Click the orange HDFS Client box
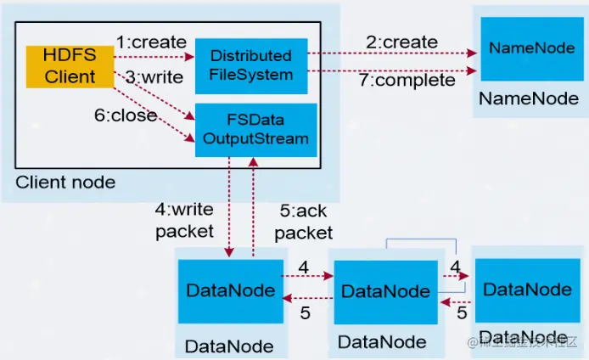(71, 65)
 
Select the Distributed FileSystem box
(250, 65)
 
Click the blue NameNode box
(525, 48)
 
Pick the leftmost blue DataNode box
(230, 290)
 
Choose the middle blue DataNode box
(384, 292)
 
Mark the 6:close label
(126, 115)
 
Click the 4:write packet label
(185, 219)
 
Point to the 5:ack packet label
(304, 220)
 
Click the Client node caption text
(65, 182)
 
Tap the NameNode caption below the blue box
(528, 99)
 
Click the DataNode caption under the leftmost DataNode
(229, 346)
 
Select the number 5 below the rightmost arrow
(463, 313)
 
